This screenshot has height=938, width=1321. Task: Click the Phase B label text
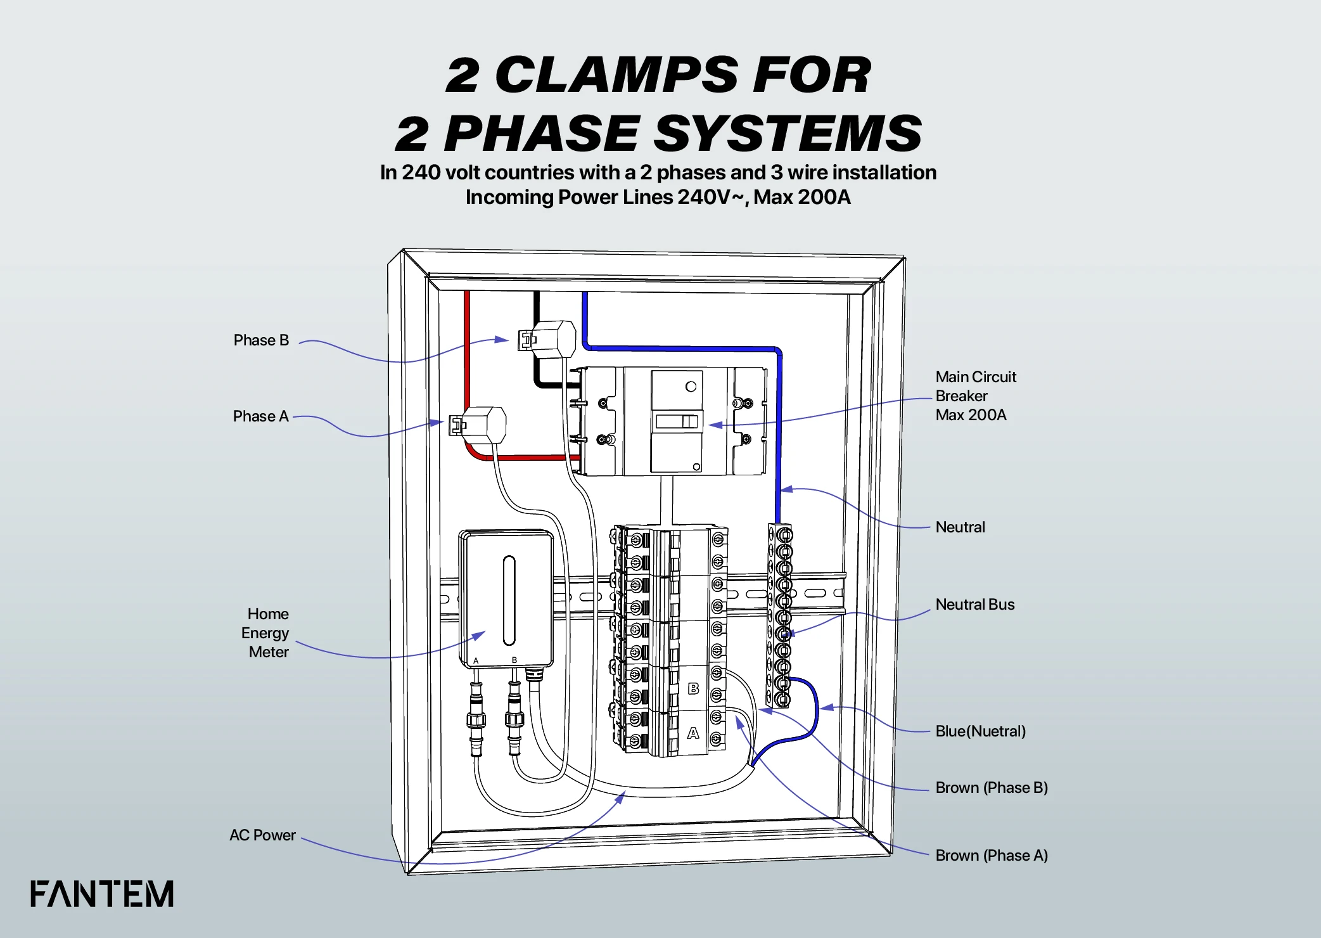click(261, 340)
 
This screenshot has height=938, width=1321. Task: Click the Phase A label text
click(260, 416)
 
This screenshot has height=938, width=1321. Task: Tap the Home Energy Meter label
click(266, 633)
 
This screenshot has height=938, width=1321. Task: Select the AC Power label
click(262, 835)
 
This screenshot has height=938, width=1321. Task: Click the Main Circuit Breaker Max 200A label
click(975, 396)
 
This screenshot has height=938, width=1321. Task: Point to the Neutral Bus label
click(974, 605)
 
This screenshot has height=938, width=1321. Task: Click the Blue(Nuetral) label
click(980, 731)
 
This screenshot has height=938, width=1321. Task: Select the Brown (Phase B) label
click(991, 788)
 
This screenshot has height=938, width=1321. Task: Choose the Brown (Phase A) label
click(991, 856)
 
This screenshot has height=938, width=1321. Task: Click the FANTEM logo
click(102, 894)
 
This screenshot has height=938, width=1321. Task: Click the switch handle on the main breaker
click(676, 421)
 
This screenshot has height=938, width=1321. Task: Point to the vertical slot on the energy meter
click(509, 600)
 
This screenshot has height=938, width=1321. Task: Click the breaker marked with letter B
click(693, 688)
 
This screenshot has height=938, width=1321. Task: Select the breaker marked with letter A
click(693, 733)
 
